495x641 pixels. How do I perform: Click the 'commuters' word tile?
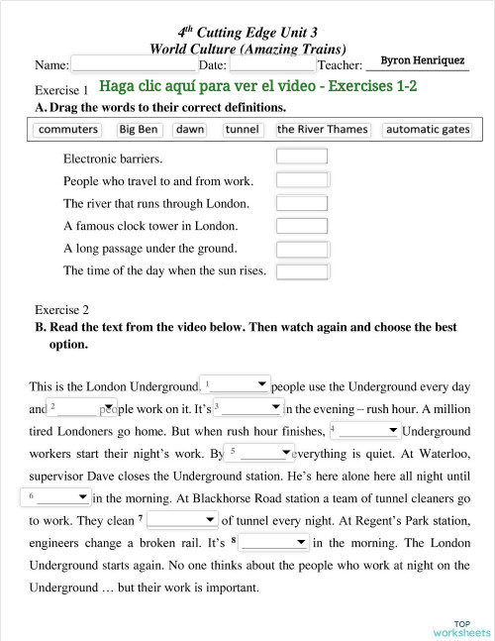pos(67,130)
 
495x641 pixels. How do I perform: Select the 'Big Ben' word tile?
pos(139,130)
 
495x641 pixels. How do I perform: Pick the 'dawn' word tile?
pos(190,130)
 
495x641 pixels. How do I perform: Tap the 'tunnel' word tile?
pos(242,130)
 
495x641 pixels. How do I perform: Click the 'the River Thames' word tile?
pos(323,130)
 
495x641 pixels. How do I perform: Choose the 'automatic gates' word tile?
pos(428,130)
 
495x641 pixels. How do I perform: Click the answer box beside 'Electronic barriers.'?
pos(301,157)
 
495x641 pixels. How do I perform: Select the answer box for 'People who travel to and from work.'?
pos(301,179)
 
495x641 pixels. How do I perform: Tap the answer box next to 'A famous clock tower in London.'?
pos(301,225)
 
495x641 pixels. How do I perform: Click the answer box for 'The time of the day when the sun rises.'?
pos(301,270)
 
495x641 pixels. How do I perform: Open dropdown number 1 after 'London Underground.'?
pos(236,384)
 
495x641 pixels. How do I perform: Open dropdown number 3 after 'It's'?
pos(248,408)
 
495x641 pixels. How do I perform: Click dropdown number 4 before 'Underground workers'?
pos(364,430)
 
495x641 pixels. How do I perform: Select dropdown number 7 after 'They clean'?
pos(183,519)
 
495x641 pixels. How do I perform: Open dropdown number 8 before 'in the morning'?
pos(274,542)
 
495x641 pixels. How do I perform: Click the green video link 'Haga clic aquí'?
pos(257,86)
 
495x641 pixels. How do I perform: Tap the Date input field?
pos(271,64)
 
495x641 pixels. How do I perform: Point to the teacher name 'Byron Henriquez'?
pos(423,60)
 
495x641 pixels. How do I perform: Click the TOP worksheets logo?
pos(460,627)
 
